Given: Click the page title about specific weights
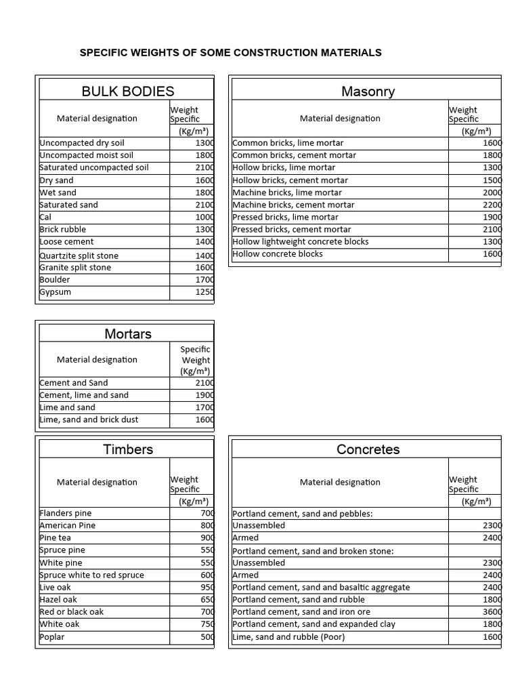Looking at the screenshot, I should coord(231,52).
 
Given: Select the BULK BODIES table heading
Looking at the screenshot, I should coord(128,91).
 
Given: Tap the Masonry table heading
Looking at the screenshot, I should coord(368,91).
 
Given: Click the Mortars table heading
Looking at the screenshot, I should coord(128,333).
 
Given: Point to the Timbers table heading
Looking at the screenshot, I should coord(128,449).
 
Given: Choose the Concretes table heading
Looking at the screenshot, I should coord(368,449).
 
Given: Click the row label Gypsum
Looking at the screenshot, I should coord(56,292).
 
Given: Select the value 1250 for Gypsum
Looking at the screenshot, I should coord(203,292).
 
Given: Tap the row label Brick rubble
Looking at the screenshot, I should coord(63,229).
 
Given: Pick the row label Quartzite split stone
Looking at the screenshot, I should coord(79,256).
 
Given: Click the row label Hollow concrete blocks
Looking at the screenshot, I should coord(278,253).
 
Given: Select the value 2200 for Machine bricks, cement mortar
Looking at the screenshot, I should coord(492,205).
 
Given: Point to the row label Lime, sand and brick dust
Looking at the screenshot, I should coord(89,420).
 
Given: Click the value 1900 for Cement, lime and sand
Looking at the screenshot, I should coord(203,395).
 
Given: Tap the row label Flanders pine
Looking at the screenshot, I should coord(66,513).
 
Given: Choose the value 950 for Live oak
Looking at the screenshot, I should coord(207,587).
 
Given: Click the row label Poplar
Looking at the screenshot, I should coord(53,636).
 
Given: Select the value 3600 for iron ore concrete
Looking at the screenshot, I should coord(492,612).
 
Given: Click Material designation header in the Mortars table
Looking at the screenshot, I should coord(97,360).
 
